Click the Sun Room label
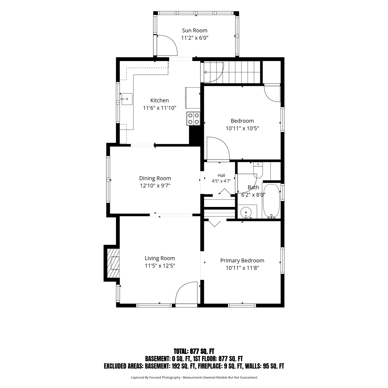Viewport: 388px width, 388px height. (x=195, y=31)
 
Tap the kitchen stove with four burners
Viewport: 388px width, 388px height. (x=193, y=119)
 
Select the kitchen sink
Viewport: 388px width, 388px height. (x=126, y=99)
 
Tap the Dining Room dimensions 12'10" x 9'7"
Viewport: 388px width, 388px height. (x=155, y=186)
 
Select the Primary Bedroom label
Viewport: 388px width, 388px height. (x=242, y=260)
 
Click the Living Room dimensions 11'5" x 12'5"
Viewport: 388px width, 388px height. (x=160, y=266)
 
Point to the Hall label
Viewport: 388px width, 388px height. (x=221, y=175)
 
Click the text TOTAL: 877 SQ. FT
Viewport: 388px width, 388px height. (x=194, y=351)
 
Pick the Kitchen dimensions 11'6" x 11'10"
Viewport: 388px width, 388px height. (x=160, y=108)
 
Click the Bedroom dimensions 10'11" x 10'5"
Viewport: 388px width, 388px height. (x=242, y=128)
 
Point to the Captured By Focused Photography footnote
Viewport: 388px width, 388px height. (x=194, y=377)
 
